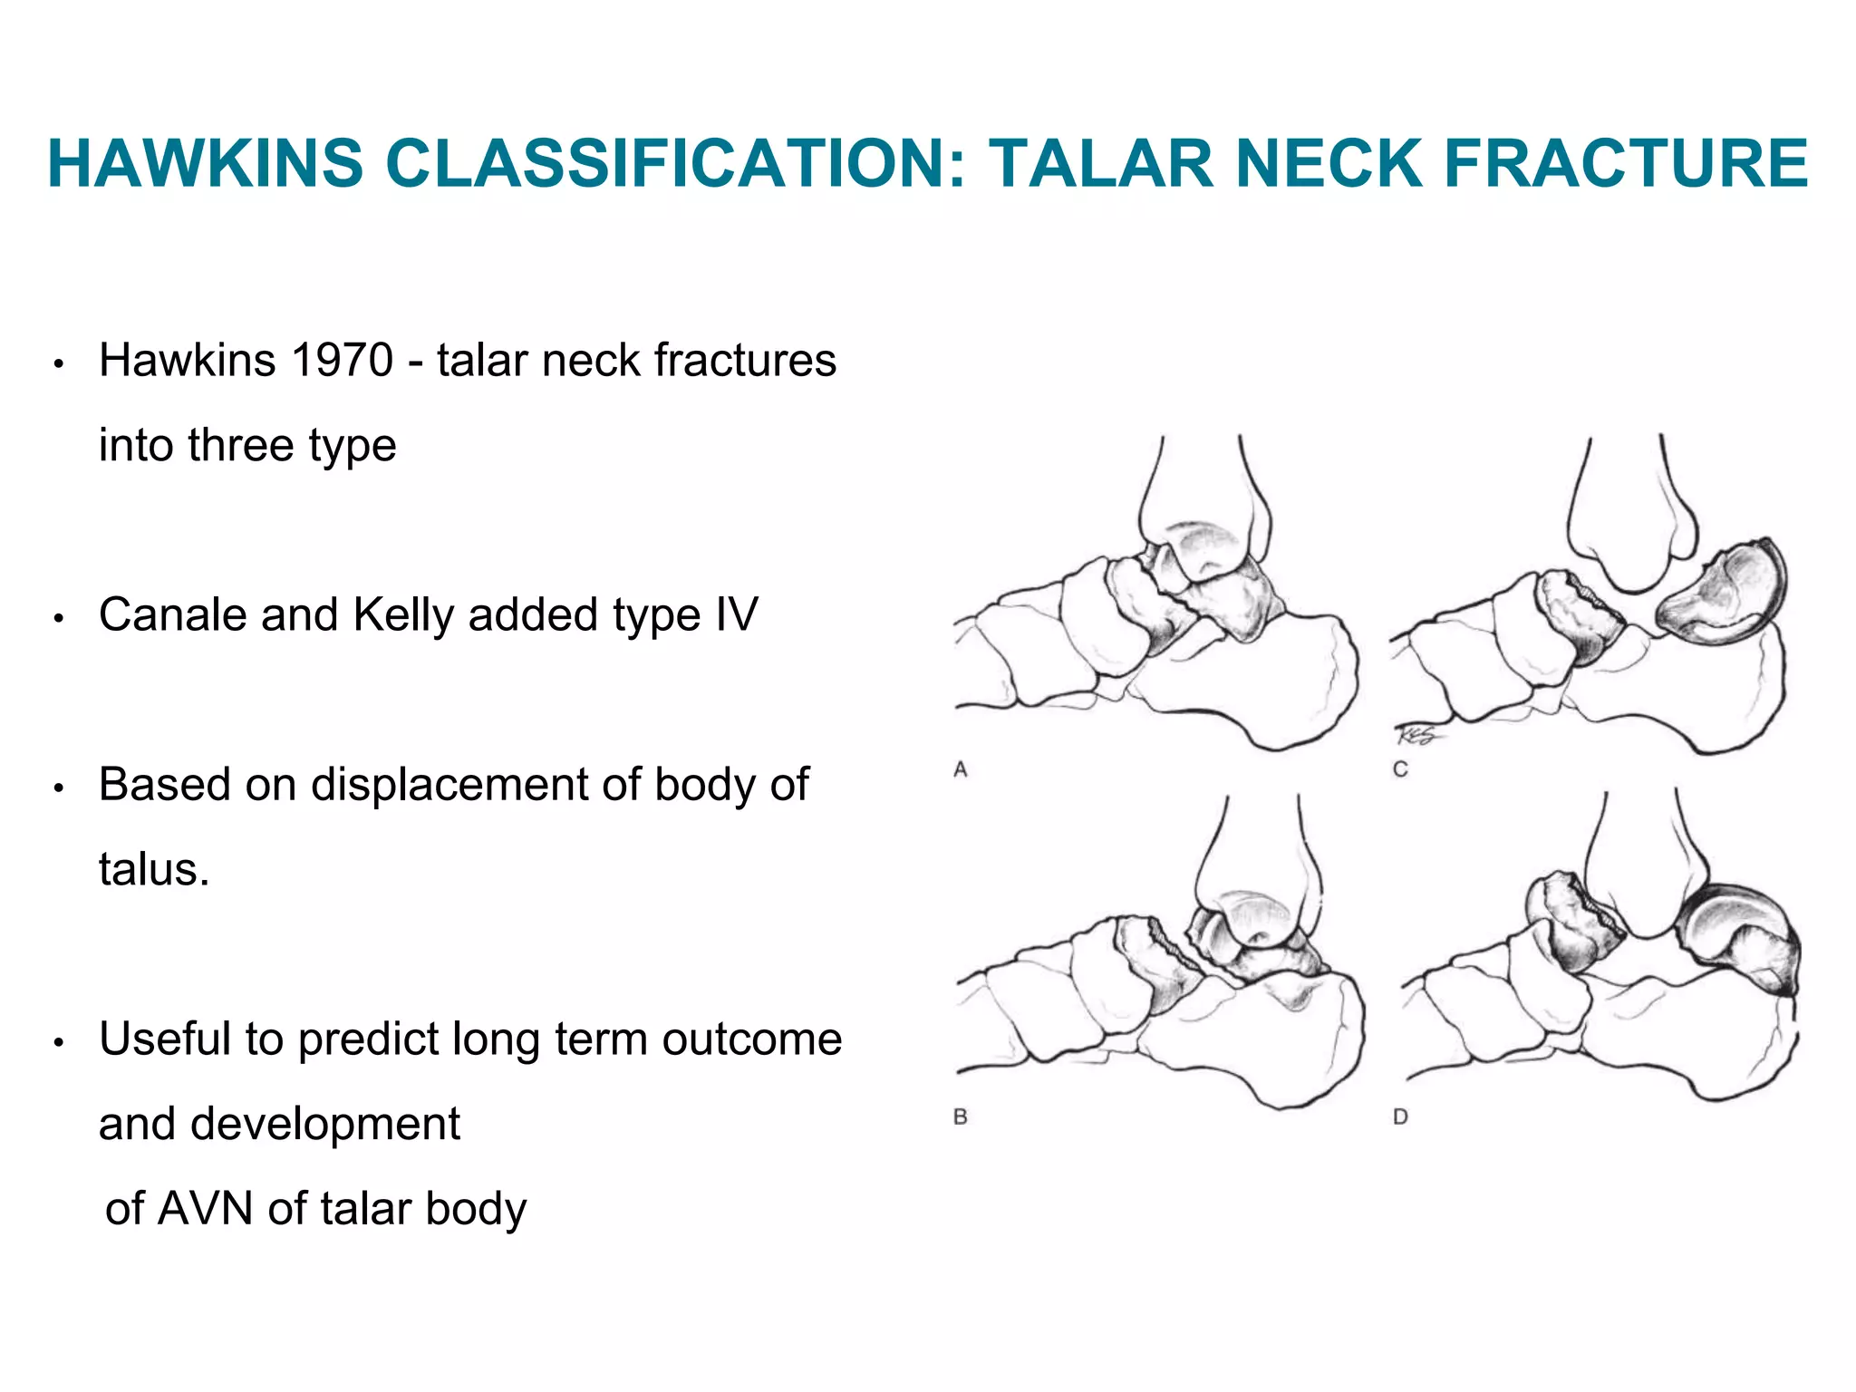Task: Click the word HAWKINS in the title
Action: click(205, 164)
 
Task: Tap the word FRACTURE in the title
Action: click(1626, 164)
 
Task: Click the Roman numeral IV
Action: click(736, 615)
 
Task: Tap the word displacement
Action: click(449, 785)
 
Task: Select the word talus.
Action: click(153, 870)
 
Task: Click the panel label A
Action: click(961, 770)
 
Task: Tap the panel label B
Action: click(961, 1117)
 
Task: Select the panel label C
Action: click(1400, 770)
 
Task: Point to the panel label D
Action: click(1400, 1117)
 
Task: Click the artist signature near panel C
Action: click(1416, 735)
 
